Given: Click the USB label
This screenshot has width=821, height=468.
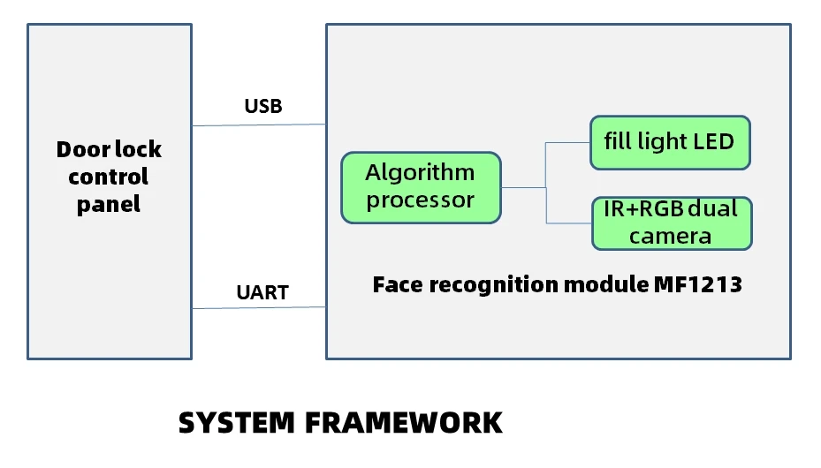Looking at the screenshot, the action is pyautogui.click(x=263, y=106).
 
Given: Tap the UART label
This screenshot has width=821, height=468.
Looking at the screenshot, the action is pyautogui.click(x=262, y=292).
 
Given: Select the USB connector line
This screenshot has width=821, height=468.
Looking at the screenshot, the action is pyautogui.click(x=259, y=125).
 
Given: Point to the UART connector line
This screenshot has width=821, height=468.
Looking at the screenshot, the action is pyautogui.click(x=259, y=307).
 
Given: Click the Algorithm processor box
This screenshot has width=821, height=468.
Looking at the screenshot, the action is pyautogui.click(x=421, y=188).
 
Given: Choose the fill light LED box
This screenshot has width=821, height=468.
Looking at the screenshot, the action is pyautogui.click(x=670, y=143).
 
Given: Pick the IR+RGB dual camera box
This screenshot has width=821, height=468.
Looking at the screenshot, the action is pyautogui.click(x=673, y=223).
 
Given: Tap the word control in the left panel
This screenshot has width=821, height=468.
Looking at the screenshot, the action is pyautogui.click(x=109, y=177).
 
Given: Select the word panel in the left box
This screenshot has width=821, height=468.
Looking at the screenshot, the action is pyautogui.click(x=109, y=205).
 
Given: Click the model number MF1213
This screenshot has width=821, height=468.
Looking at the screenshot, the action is pyautogui.click(x=698, y=284).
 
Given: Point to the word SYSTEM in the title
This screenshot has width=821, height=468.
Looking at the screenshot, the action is pyautogui.click(x=237, y=422).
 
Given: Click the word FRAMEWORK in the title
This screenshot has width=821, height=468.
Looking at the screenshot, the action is pyautogui.click(x=404, y=422).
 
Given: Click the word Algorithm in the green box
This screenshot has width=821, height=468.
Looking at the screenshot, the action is pyautogui.click(x=420, y=172).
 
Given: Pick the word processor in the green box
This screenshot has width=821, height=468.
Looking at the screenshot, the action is pyautogui.click(x=421, y=200).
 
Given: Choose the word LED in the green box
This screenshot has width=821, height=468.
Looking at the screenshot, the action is pyautogui.click(x=714, y=141).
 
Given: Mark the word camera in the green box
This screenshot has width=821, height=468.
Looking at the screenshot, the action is pyautogui.click(x=670, y=237).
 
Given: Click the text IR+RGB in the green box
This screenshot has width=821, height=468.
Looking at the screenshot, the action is pyautogui.click(x=643, y=208).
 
